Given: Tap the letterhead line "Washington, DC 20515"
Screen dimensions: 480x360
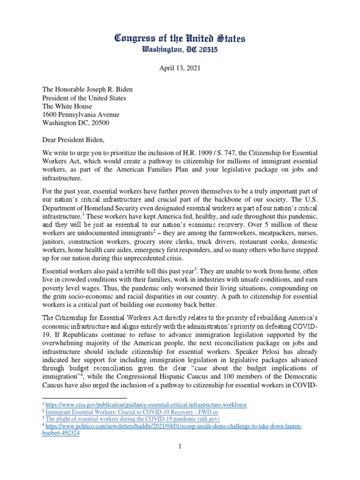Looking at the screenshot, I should [x=180, y=50].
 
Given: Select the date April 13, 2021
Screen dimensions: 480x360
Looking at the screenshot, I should [x=180, y=69].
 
